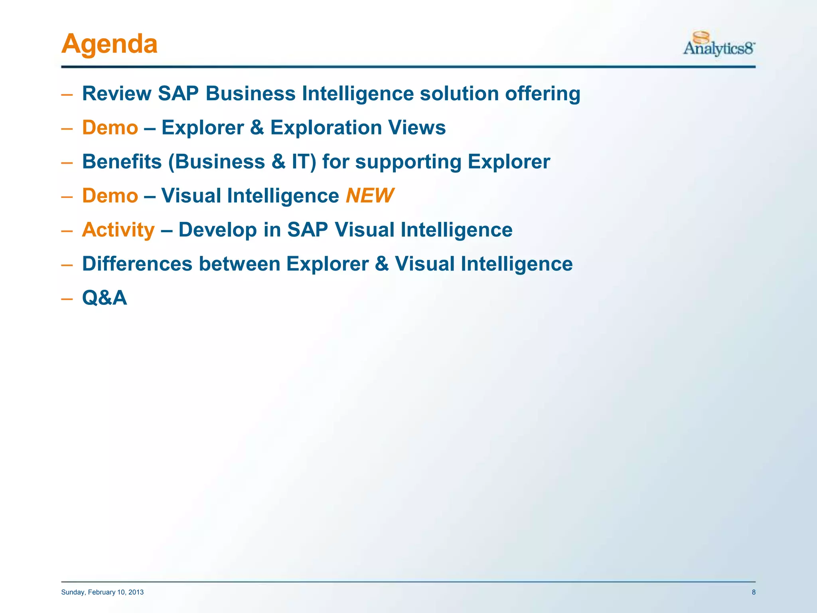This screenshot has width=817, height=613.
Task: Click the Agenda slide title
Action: click(x=109, y=44)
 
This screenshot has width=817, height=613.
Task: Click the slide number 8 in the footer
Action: click(x=754, y=592)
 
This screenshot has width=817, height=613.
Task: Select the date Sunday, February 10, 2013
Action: click(x=103, y=592)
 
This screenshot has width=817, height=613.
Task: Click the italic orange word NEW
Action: click(x=369, y=196)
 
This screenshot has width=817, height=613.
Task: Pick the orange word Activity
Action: click(x=118, y=230)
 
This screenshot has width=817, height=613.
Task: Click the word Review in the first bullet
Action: click(x=116, y=94)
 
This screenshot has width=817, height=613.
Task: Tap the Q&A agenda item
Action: click(x=105, y=298)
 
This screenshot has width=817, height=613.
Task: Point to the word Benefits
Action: click(x=122, y=162)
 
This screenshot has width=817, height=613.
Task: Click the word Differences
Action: click(x=137, y=264)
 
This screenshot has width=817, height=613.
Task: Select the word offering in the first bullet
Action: click(x=543, y=94)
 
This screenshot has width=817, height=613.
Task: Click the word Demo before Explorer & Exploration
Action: click(x=110, y=128)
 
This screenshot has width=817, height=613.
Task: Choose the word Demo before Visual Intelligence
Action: click(x=110, y=196)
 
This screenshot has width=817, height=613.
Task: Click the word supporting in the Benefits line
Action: click(x=408, y=162)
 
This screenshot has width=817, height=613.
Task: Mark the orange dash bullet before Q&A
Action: click(x=67, y=299)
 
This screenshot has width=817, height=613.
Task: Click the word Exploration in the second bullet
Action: click(x=326, y=128)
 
